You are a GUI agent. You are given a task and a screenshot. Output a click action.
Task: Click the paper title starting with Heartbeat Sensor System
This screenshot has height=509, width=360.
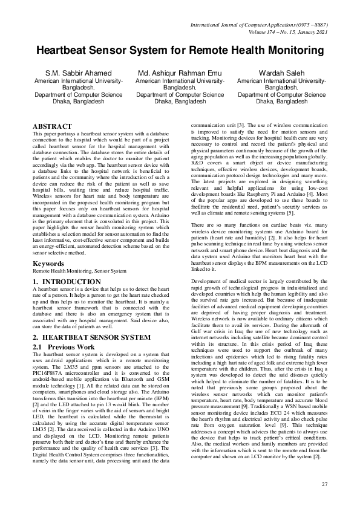click(180, 51)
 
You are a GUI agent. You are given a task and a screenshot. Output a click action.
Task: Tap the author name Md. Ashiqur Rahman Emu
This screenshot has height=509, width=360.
click(180, 73)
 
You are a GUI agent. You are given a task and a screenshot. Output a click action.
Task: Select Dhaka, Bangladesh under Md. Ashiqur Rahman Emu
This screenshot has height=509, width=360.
click(180, 102)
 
